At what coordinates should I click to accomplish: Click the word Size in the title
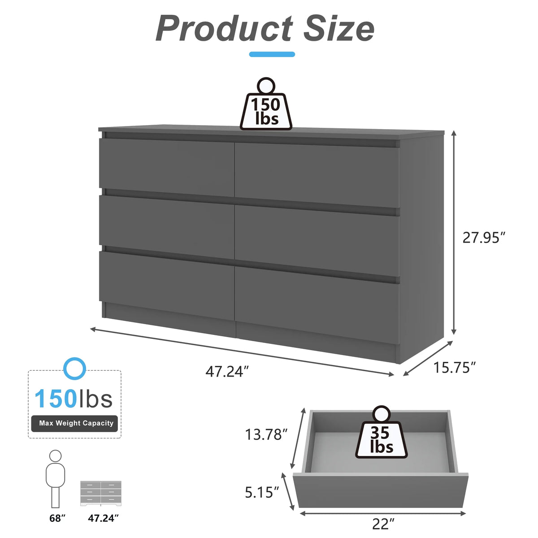[x=339, y=29]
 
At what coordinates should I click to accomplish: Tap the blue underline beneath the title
[x=272, y=54]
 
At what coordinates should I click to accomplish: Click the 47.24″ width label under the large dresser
[x=227, y=372]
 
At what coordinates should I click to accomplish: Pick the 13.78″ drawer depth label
[x=266, y=434]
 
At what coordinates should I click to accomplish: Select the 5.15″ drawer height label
[x=262, y=492]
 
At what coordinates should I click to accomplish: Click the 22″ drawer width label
[x=383, y=524]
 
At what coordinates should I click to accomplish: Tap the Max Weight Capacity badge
[x=74, y=423]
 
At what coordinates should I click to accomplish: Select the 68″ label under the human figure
[x=57, y=518]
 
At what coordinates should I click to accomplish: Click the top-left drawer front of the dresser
[x=167, y=167]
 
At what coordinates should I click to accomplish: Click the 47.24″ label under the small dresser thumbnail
[x=103, y=518]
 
